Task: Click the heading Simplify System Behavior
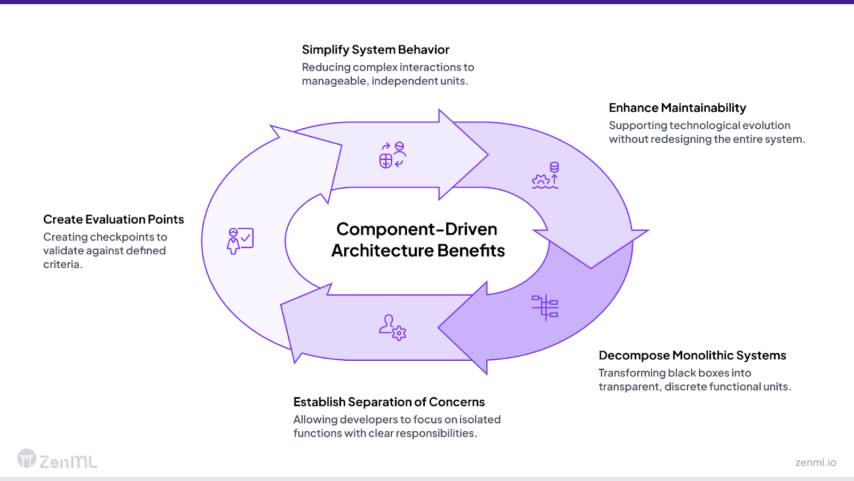pos(375,50)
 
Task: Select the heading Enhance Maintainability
pos(677,108)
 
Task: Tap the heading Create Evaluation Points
pos(113,220)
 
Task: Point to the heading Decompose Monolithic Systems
pos(692,355)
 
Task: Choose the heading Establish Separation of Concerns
pos(389,402)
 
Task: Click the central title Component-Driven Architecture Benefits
pos(417,240)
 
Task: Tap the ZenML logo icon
pos(27,459)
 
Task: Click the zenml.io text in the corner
pos(816,462)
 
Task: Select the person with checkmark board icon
pos(240,241)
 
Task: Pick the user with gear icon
pos(393,327)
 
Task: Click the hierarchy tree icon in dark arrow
pos(545,307)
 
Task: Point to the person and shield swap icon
pos(393,155)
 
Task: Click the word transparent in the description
pos(628,387)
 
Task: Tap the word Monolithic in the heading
pos(703,355)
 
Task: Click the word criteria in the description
pos(61,265)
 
